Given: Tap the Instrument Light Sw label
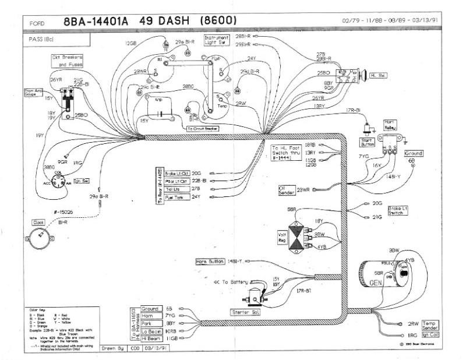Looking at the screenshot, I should click(216, 40).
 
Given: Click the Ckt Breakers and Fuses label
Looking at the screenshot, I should click(68, 61).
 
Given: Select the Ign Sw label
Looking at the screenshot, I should click(81, 181).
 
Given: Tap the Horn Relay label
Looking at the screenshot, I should click(389, 125).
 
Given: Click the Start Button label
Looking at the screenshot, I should click(368, 142).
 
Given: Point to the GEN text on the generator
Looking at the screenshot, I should click(375, 283).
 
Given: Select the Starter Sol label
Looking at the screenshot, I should click(245, 312).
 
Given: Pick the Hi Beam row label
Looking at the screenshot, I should click(150, 338).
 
